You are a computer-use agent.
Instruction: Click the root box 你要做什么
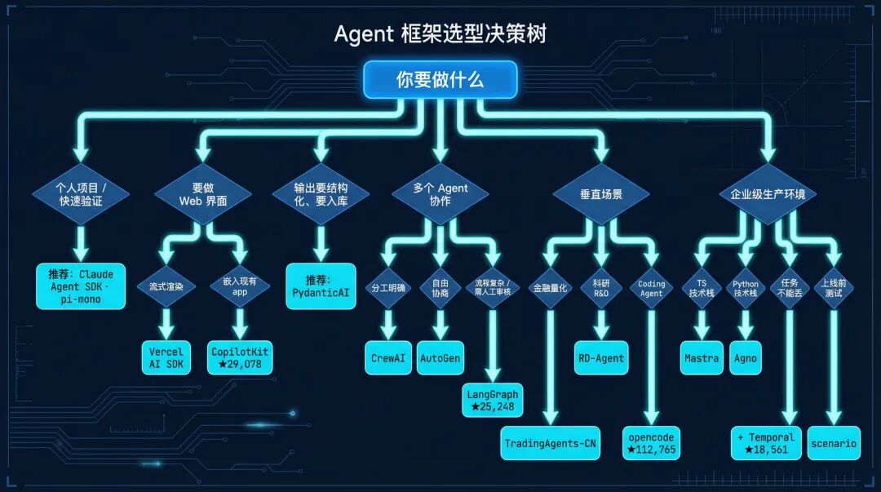[440, 80]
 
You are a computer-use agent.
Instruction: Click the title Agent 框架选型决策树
[440, 33]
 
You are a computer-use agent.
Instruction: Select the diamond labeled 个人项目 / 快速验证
[80, 194]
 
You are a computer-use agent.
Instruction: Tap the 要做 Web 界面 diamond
[202, 194]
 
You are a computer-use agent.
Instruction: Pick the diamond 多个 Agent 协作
[440, 194]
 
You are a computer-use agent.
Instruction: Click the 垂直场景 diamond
[601, 194]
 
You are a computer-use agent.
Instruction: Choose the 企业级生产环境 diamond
[767, 194]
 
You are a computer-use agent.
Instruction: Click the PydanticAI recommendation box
[321, 286]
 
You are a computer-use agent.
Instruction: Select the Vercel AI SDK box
[166, 357]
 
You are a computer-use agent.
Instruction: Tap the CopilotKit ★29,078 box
[239, 357]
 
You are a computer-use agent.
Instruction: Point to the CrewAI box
[388, 357]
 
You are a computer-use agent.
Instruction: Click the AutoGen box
[440, 357]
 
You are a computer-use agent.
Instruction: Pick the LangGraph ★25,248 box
[493, 400]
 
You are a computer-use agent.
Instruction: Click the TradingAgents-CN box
[551, 443]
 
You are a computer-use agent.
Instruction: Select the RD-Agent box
[601, 357]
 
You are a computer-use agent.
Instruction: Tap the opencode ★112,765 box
[652, 443]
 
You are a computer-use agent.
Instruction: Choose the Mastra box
[702, 357]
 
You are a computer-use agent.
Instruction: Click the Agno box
[746, 357]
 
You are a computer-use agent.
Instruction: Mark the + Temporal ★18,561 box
[766, 443]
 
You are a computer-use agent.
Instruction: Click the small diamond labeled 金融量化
[551, 288]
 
